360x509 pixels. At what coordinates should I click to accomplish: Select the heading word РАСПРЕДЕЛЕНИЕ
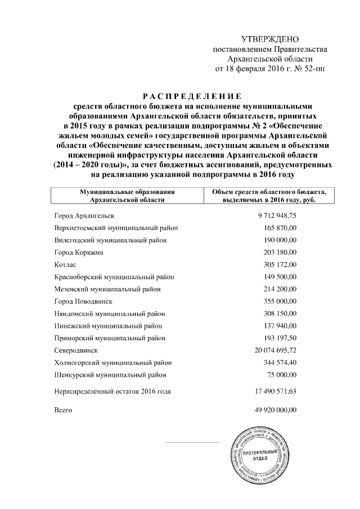pos(190,95)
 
